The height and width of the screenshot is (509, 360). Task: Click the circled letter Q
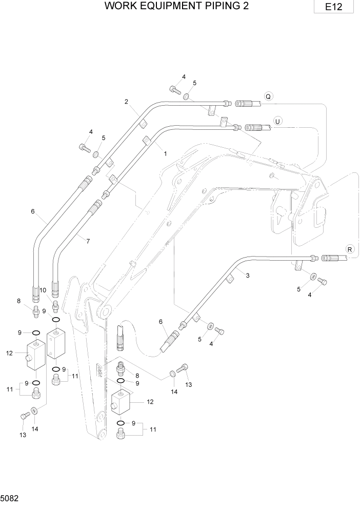click(268, 95)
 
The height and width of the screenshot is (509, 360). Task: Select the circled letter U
click(277, 121)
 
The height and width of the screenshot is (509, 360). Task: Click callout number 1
click(165, 153)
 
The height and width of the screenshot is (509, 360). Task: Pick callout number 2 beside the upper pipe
click(126, 101)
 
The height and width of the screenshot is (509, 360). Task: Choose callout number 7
click(87, 240)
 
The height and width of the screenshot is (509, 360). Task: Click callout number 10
click(43, 290)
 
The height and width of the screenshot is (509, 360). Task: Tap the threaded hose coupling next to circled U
click(254, 127)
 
